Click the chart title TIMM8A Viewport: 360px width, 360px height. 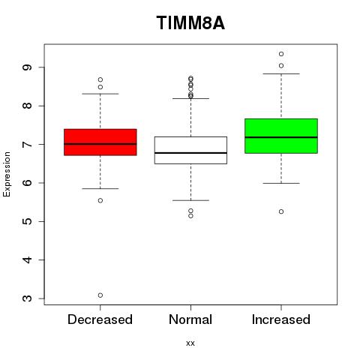coord(190,22)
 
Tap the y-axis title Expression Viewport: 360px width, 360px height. coord(7,174)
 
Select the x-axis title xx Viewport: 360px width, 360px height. coord(190,343)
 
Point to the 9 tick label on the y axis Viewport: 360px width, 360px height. coord(27,67)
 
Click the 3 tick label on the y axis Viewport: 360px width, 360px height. coord(27,298)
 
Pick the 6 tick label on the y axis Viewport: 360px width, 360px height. coord(27,183)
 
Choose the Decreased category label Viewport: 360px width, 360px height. coord(100,319)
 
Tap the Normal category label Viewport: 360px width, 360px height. coord(190,319)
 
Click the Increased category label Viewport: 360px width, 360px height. coord(281,319)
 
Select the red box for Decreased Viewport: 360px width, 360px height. coord(100,142)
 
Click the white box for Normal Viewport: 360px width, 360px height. coord(190,150)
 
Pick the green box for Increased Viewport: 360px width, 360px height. coord(281,136)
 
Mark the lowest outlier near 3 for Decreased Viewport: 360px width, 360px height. coord(100,295)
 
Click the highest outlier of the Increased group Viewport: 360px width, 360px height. coord(281,54)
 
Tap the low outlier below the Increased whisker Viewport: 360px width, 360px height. coord(281,211)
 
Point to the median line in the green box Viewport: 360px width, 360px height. coord(281,137)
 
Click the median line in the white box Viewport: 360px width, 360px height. coord(190,153)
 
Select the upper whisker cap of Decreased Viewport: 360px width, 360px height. coord(100,94)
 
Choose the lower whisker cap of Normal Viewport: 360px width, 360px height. coord(190,200)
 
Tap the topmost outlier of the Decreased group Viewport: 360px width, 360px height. coord(100,79)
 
